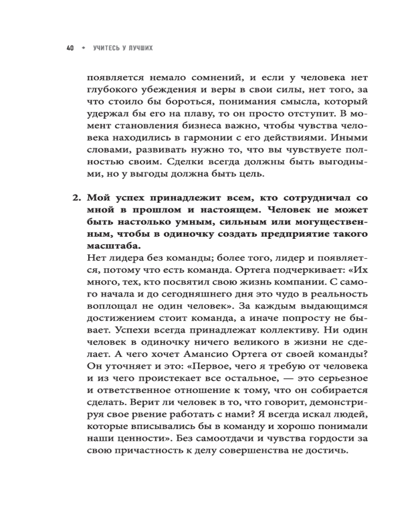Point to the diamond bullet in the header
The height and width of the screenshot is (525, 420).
(82, 48)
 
